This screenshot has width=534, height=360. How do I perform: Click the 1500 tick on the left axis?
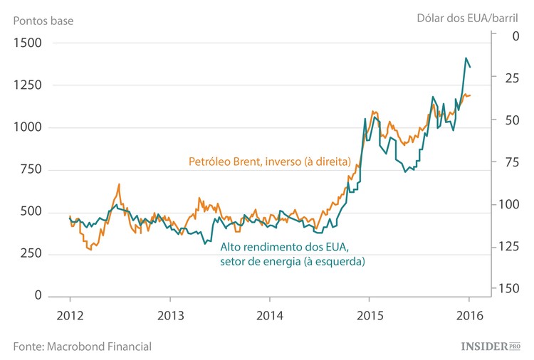pos(27,43)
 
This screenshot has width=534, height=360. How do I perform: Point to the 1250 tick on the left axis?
pos(27,85)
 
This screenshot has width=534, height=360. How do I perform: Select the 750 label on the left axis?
pos(31,169)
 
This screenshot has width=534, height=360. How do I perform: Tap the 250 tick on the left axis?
pos(31,254)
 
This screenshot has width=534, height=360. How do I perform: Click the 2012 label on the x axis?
pos(70,315)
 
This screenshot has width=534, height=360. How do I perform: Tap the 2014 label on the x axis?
pos(270,315)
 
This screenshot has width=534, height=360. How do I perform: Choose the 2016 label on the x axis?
pos(469,315)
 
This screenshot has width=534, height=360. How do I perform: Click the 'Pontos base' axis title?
pos(43,20)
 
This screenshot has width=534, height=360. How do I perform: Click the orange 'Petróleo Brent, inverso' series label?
pos(268,162)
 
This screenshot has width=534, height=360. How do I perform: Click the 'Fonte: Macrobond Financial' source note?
pos(82,346)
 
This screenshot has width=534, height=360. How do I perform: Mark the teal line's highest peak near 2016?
pos(466,58)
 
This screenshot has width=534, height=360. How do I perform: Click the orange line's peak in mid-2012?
pos(119,184)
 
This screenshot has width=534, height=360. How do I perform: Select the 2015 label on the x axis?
pos(369,315)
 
